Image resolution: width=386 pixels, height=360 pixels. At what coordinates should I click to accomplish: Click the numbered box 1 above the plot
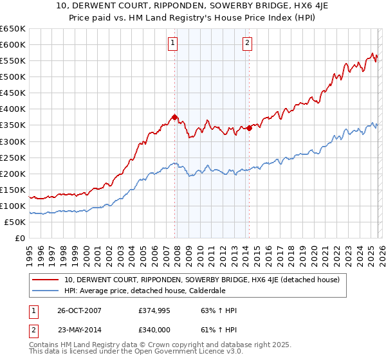(x=174, y=44)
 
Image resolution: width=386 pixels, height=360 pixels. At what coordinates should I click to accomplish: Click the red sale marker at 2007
(x=174, y=117)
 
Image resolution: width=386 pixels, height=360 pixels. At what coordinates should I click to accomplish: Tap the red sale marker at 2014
(x=249, y=128)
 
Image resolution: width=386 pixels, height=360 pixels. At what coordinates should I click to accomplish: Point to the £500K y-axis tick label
(x=13, y=76)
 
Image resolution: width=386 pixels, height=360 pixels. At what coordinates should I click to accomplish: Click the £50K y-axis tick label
(x=15, y=222)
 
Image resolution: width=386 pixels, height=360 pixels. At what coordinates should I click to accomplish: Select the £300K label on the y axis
(x=13, y=141)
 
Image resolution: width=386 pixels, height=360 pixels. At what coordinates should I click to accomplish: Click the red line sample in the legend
(x=46, y=280)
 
